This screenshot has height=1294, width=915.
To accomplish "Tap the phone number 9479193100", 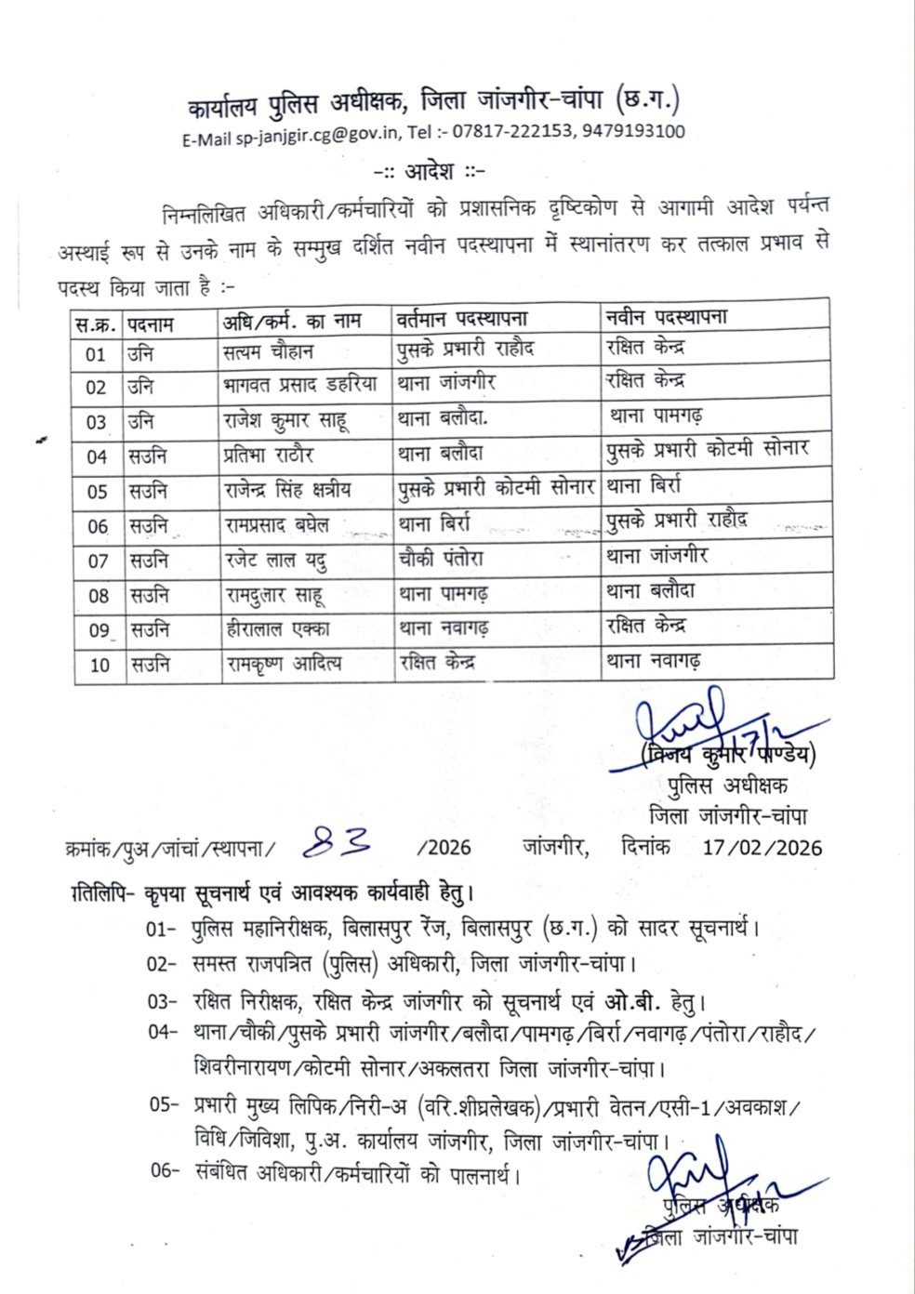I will click(x=633, y=131).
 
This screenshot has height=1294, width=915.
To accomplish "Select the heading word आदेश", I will click(x=430, y=172).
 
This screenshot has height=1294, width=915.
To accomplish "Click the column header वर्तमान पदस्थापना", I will click(x=461, y=320).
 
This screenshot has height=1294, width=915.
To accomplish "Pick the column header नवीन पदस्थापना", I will click(x=666, y=316).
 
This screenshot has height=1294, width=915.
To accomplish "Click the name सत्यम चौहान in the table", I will click(x=269, y=352).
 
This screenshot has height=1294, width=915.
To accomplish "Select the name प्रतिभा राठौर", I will click(x=270, y=456).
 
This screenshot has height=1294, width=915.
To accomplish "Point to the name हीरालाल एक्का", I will click(x=277, y=629).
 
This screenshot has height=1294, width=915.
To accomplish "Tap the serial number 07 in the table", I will click(x=98, y=561).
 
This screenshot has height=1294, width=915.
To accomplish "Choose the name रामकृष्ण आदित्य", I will click(x=284, y=664).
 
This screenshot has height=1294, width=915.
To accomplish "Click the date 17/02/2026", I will click(x=762, y=847).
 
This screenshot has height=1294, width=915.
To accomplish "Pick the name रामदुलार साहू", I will click(x=275, y=595).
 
